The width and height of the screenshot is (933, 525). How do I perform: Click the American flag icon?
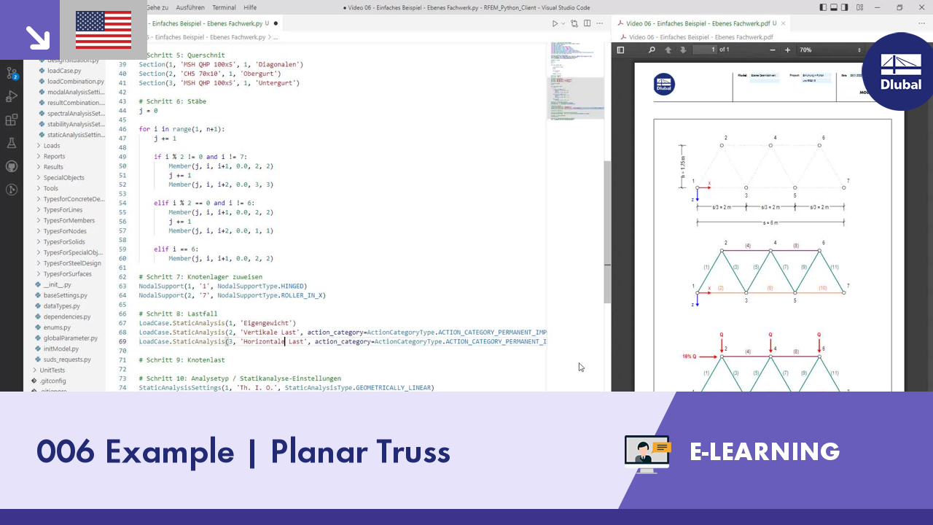(x=103, y=30)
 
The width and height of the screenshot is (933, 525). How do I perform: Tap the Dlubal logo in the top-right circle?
(x=901, y=71)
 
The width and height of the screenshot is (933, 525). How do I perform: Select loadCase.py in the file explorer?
(x=64, y=71)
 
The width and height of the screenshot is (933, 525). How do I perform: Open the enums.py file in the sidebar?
(x=57, y=327)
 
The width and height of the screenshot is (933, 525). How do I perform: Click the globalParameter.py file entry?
(x=70, y=338)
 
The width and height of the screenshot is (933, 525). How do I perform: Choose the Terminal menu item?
(x=224, y=7)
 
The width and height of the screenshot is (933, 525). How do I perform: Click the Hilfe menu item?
(x=250, y=7)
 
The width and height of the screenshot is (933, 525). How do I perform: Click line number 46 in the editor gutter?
(x=122, y=129)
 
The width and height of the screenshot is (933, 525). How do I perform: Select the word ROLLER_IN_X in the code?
(x=302, y=295)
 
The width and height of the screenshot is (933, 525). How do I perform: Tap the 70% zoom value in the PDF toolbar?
(x=805, y=50)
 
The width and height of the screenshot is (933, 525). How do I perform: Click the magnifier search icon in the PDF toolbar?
(x=652, y=50)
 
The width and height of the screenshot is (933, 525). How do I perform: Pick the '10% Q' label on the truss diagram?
(x=690, y=357)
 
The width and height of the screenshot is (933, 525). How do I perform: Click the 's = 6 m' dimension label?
(x=770, y=222)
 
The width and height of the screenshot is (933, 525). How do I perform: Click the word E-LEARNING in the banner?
(x=765, y=451)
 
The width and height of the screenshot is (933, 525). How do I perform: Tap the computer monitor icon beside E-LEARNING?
(x=647, y=454)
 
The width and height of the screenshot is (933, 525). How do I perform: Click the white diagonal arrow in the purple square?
(x=36, y=36)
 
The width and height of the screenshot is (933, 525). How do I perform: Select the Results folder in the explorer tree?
(x=53, y=167)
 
